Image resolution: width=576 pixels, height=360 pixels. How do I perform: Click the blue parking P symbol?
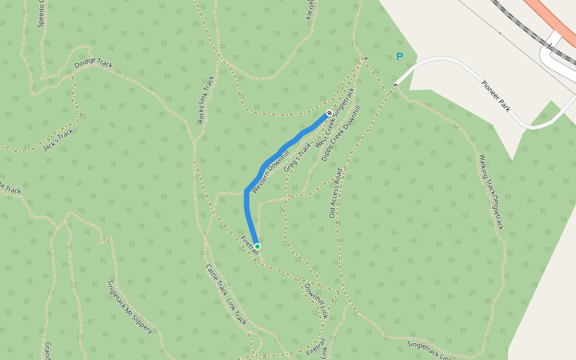click(x=400, y=56)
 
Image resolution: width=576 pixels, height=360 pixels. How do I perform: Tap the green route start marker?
click(x=257, y=247)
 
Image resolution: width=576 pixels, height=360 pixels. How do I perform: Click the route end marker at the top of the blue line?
click(x=329, y=113)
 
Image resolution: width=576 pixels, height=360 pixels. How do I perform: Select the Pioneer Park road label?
click(x=496, y=95)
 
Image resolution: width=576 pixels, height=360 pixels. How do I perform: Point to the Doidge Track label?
click(x=93, y=64)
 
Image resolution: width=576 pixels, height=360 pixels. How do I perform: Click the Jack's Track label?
click(x=58, y=140)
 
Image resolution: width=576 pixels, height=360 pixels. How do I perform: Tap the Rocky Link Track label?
click(x=206, y=100)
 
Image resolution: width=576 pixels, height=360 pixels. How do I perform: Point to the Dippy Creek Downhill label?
click(x=341, y=133)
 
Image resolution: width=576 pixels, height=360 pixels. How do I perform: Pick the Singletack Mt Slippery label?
click(x=130, y=307)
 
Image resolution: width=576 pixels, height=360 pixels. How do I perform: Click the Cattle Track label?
click(x=216, y=280)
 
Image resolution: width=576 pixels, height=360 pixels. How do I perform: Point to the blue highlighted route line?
click(x=282, y=147)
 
